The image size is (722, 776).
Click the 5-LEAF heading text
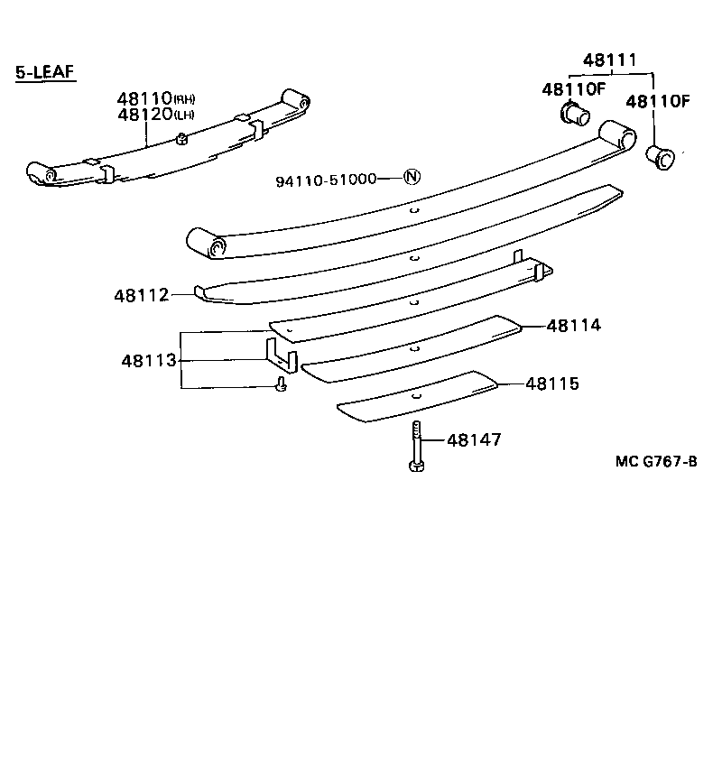45,72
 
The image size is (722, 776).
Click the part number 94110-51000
326,180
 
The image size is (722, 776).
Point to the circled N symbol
412,178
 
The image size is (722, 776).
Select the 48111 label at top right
609,60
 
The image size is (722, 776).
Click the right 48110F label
658,101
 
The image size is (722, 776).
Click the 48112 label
142,295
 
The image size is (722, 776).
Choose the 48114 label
573,326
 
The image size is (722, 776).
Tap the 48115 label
551,383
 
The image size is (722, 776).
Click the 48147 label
474,440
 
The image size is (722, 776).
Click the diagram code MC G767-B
656,461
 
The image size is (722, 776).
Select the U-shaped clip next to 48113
281,355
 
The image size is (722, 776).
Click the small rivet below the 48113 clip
281,385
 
